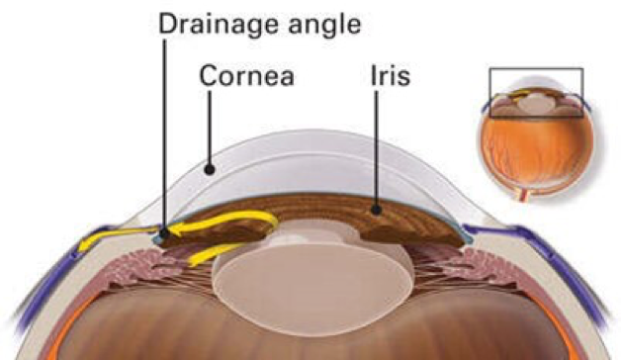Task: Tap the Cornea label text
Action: [x=246, y=76]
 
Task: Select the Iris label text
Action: [x=388, y=76]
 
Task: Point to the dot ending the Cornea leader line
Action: [x=209, y=169]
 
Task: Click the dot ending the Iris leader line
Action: [x=377, y=209]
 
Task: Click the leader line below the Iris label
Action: [x=377, y=148]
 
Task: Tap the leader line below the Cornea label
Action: [x=209, y=129]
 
